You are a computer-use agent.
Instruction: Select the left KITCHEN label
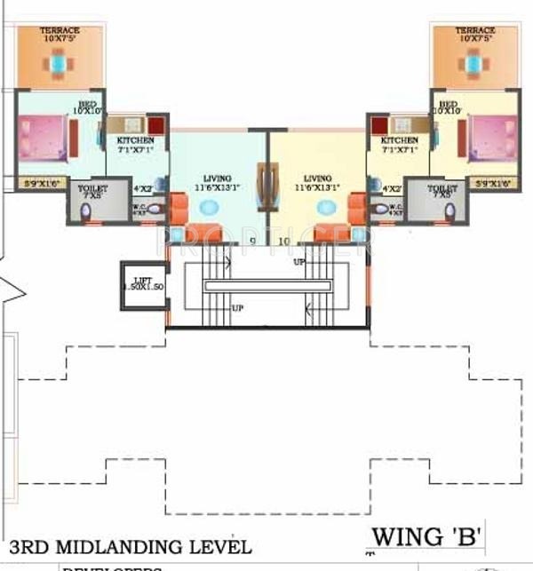coord(136,140)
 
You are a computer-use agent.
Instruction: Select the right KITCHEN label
coord(399,140)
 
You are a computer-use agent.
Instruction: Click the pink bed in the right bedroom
coord(491,137)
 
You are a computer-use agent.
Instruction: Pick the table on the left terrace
coord(59,63)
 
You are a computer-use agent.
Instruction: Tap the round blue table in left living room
coord(210,207)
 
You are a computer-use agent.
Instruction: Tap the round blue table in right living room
coord(326,207)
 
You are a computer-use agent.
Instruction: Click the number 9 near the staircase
coord(253,240)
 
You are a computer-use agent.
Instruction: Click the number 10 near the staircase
coord(284,240)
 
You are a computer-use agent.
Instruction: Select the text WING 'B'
coord(427,535)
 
